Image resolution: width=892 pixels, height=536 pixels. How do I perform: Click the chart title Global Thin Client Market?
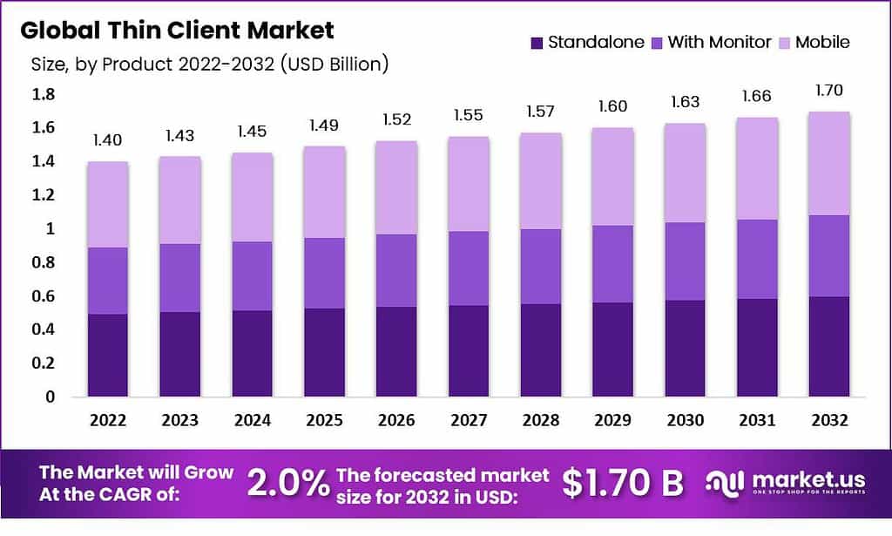tap(177, 31)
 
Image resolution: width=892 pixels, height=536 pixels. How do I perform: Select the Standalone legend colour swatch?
tap(537, 42)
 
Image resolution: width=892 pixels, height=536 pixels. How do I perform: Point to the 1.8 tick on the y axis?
tap(44, 94)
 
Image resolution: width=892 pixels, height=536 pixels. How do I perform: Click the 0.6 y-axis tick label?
tap(44, 296)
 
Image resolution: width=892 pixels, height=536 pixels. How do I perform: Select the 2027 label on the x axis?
tap(469, 420)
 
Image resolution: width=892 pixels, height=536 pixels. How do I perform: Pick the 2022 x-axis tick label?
tap(108, 420)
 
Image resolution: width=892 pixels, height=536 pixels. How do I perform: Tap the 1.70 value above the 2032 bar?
tap(828, 90)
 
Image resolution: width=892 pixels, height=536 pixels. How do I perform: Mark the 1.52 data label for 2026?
tap(396, 119)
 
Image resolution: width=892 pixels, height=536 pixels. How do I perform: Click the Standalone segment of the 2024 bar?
tap(253, 353)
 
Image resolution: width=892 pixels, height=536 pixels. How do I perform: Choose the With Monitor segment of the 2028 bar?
tap(541, 267)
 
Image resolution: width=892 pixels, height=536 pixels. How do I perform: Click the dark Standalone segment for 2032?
tap(828, 346)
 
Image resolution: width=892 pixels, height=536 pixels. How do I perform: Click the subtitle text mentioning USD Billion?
tap(209, 64)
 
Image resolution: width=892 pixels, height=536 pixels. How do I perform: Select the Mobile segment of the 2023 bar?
tap(180, 200)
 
